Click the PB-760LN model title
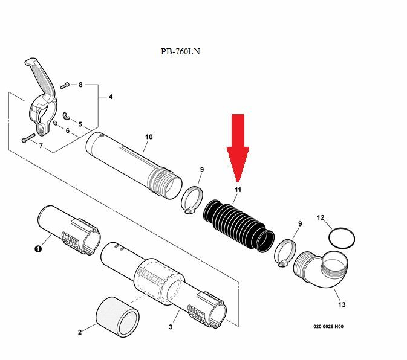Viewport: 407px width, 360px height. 180,51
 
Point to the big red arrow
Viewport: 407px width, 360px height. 238,148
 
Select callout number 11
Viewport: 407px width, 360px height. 238,190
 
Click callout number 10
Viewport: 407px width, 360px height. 149,137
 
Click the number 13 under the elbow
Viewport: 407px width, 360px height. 342,304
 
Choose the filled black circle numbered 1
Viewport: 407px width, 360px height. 38,249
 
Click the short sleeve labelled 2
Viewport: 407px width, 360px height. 117,317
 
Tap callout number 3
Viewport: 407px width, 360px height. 171,327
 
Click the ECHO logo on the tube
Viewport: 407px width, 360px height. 151,277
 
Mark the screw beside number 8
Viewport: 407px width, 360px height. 65,85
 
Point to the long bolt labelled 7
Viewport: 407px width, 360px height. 28,138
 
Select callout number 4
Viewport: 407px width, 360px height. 111,97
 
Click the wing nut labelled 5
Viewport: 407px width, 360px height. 67,116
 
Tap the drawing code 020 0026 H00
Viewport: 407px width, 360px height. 328,327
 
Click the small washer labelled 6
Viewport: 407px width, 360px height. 55,123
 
